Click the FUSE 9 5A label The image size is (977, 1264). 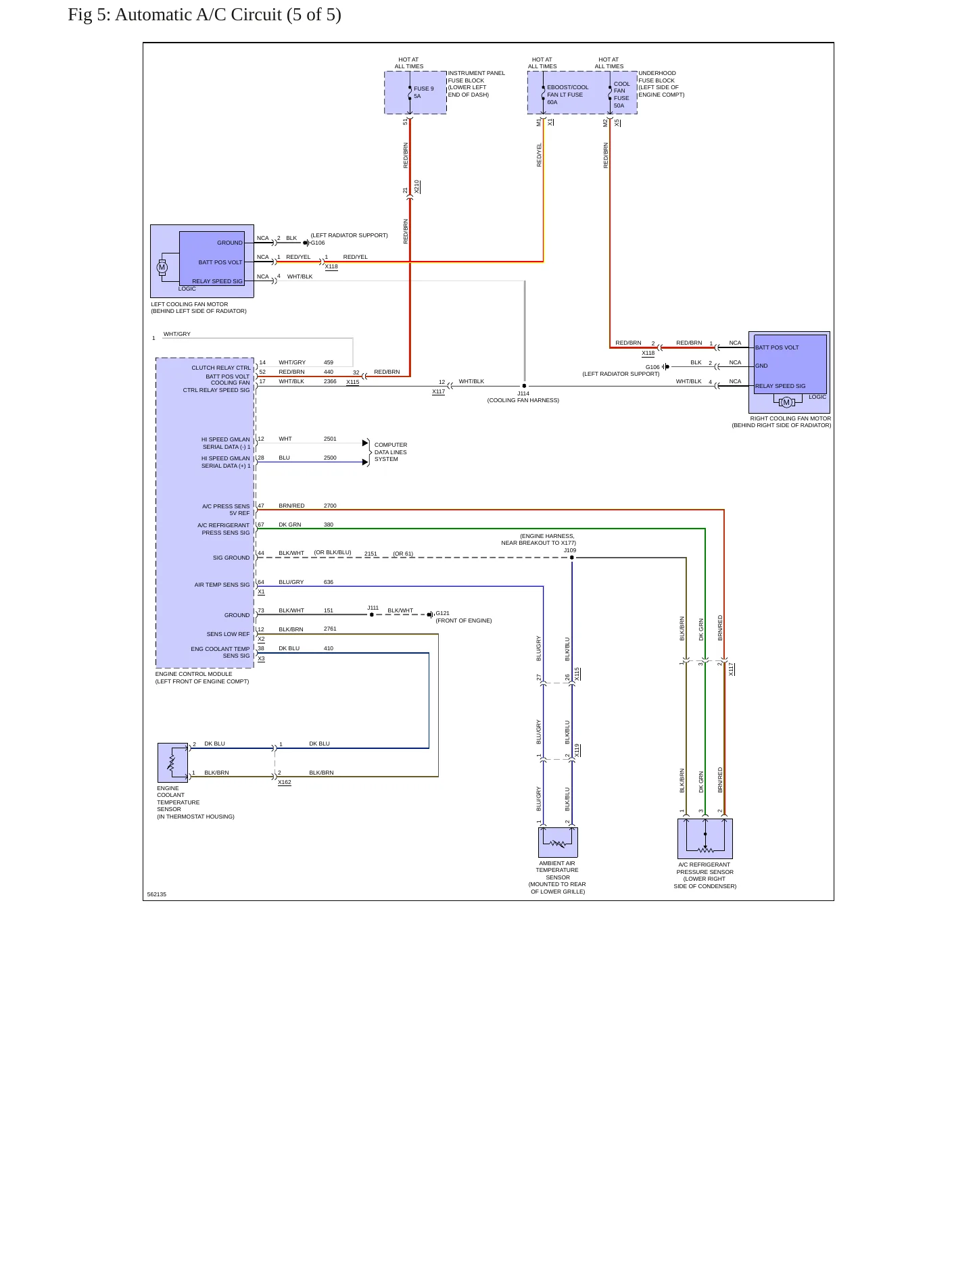coord(424,93)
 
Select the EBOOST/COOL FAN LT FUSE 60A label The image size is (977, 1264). coord(568,95)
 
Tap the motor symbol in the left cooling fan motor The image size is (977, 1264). coord(162,268)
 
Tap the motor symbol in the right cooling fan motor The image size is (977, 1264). coord(786,403)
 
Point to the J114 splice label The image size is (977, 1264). coord(523,393)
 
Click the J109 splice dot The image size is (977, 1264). coord(572,558)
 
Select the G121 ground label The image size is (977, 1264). coord(443,614)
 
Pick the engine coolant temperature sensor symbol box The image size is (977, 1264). coord(173,762)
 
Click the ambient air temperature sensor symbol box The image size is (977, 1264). coord(558,842)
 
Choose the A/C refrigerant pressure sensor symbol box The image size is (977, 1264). coord(705,839)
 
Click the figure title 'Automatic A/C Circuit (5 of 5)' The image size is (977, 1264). coord(228,15)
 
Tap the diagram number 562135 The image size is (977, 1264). coord(157,894)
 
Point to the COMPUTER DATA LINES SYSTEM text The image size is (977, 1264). coord(391,452)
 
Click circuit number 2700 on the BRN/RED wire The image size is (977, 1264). coord(330,506)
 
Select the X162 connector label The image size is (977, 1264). coord(285,782)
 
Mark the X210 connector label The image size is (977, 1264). coord(417,187)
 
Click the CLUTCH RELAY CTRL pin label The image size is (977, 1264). coord(221,368)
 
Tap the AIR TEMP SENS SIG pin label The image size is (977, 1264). coord(222,585)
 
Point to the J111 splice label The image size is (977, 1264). coord(373,608)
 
